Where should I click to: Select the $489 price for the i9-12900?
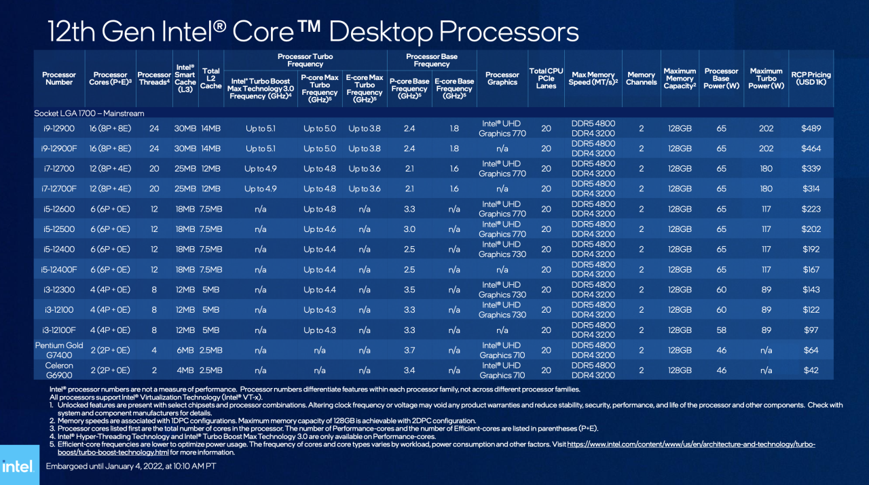pyautogui.click(x=811, y=128)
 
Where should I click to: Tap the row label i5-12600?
pyautogui.click(x=59, y=209)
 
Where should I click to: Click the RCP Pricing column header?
pyautogui.click(x=811, y=79)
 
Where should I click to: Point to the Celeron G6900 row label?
pyautogui.click(x=59, y=370)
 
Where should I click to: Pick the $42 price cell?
pyautogui.click(x=811, y=370)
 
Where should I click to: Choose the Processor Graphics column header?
pyautogui.click(x=502, y=79)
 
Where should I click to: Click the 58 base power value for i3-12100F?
pyautogui.click(x=721, y=330)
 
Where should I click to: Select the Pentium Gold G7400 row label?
pyautogui.click(x=59, y=350)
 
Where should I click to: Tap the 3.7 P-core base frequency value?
pyautogui.click(x=409, y=351)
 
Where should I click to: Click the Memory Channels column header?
pyautogui.click(x=641, y=79)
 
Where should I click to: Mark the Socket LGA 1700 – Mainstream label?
pyautogui.click(x=89, y=113)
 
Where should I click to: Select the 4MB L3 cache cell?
pyautogui.click(x=185, y=370)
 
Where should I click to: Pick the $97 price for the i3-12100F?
pyautogui.click(x=811, y=330)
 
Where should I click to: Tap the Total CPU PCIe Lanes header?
pyautogui.click(x=547, y=79)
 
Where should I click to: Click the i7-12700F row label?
pyautogui.click(x=59, y=189)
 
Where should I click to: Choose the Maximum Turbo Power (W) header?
pyautogui.click(x=766, y=79)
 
